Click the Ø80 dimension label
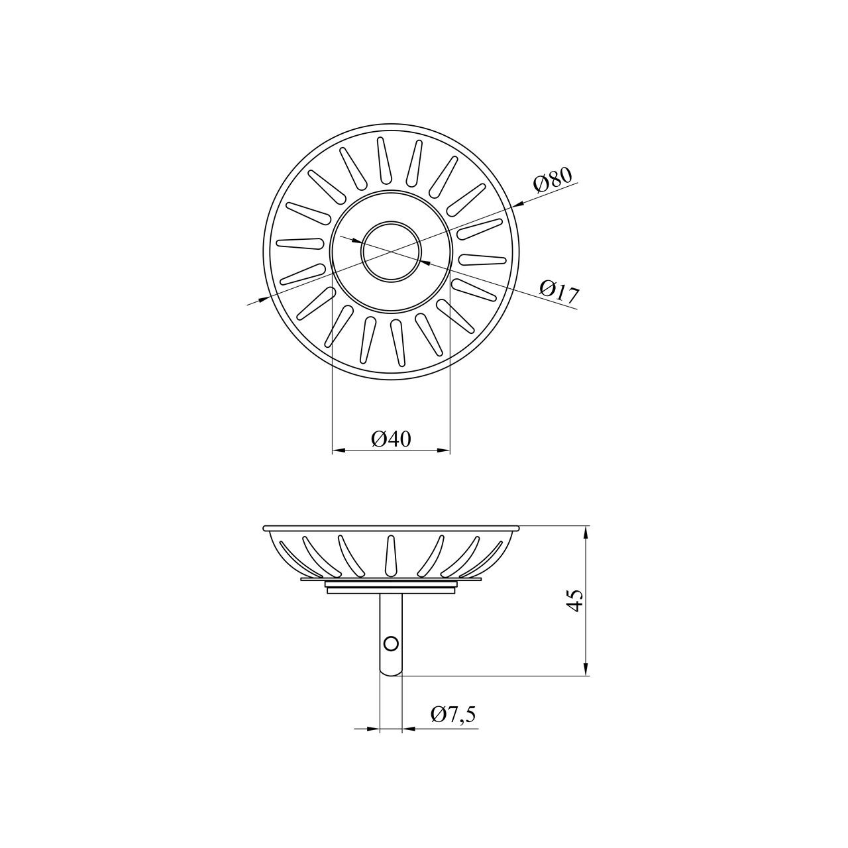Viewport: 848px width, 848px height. [553, 180]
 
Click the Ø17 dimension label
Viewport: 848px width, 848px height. [558, 291]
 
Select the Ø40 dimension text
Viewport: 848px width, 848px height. [391, 439]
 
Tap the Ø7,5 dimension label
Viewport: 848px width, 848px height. [453, 714]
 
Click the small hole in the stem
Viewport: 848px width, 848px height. [391, 644]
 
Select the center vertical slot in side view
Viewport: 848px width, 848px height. [391, 556]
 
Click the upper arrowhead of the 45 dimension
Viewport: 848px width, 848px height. [585, 534]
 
